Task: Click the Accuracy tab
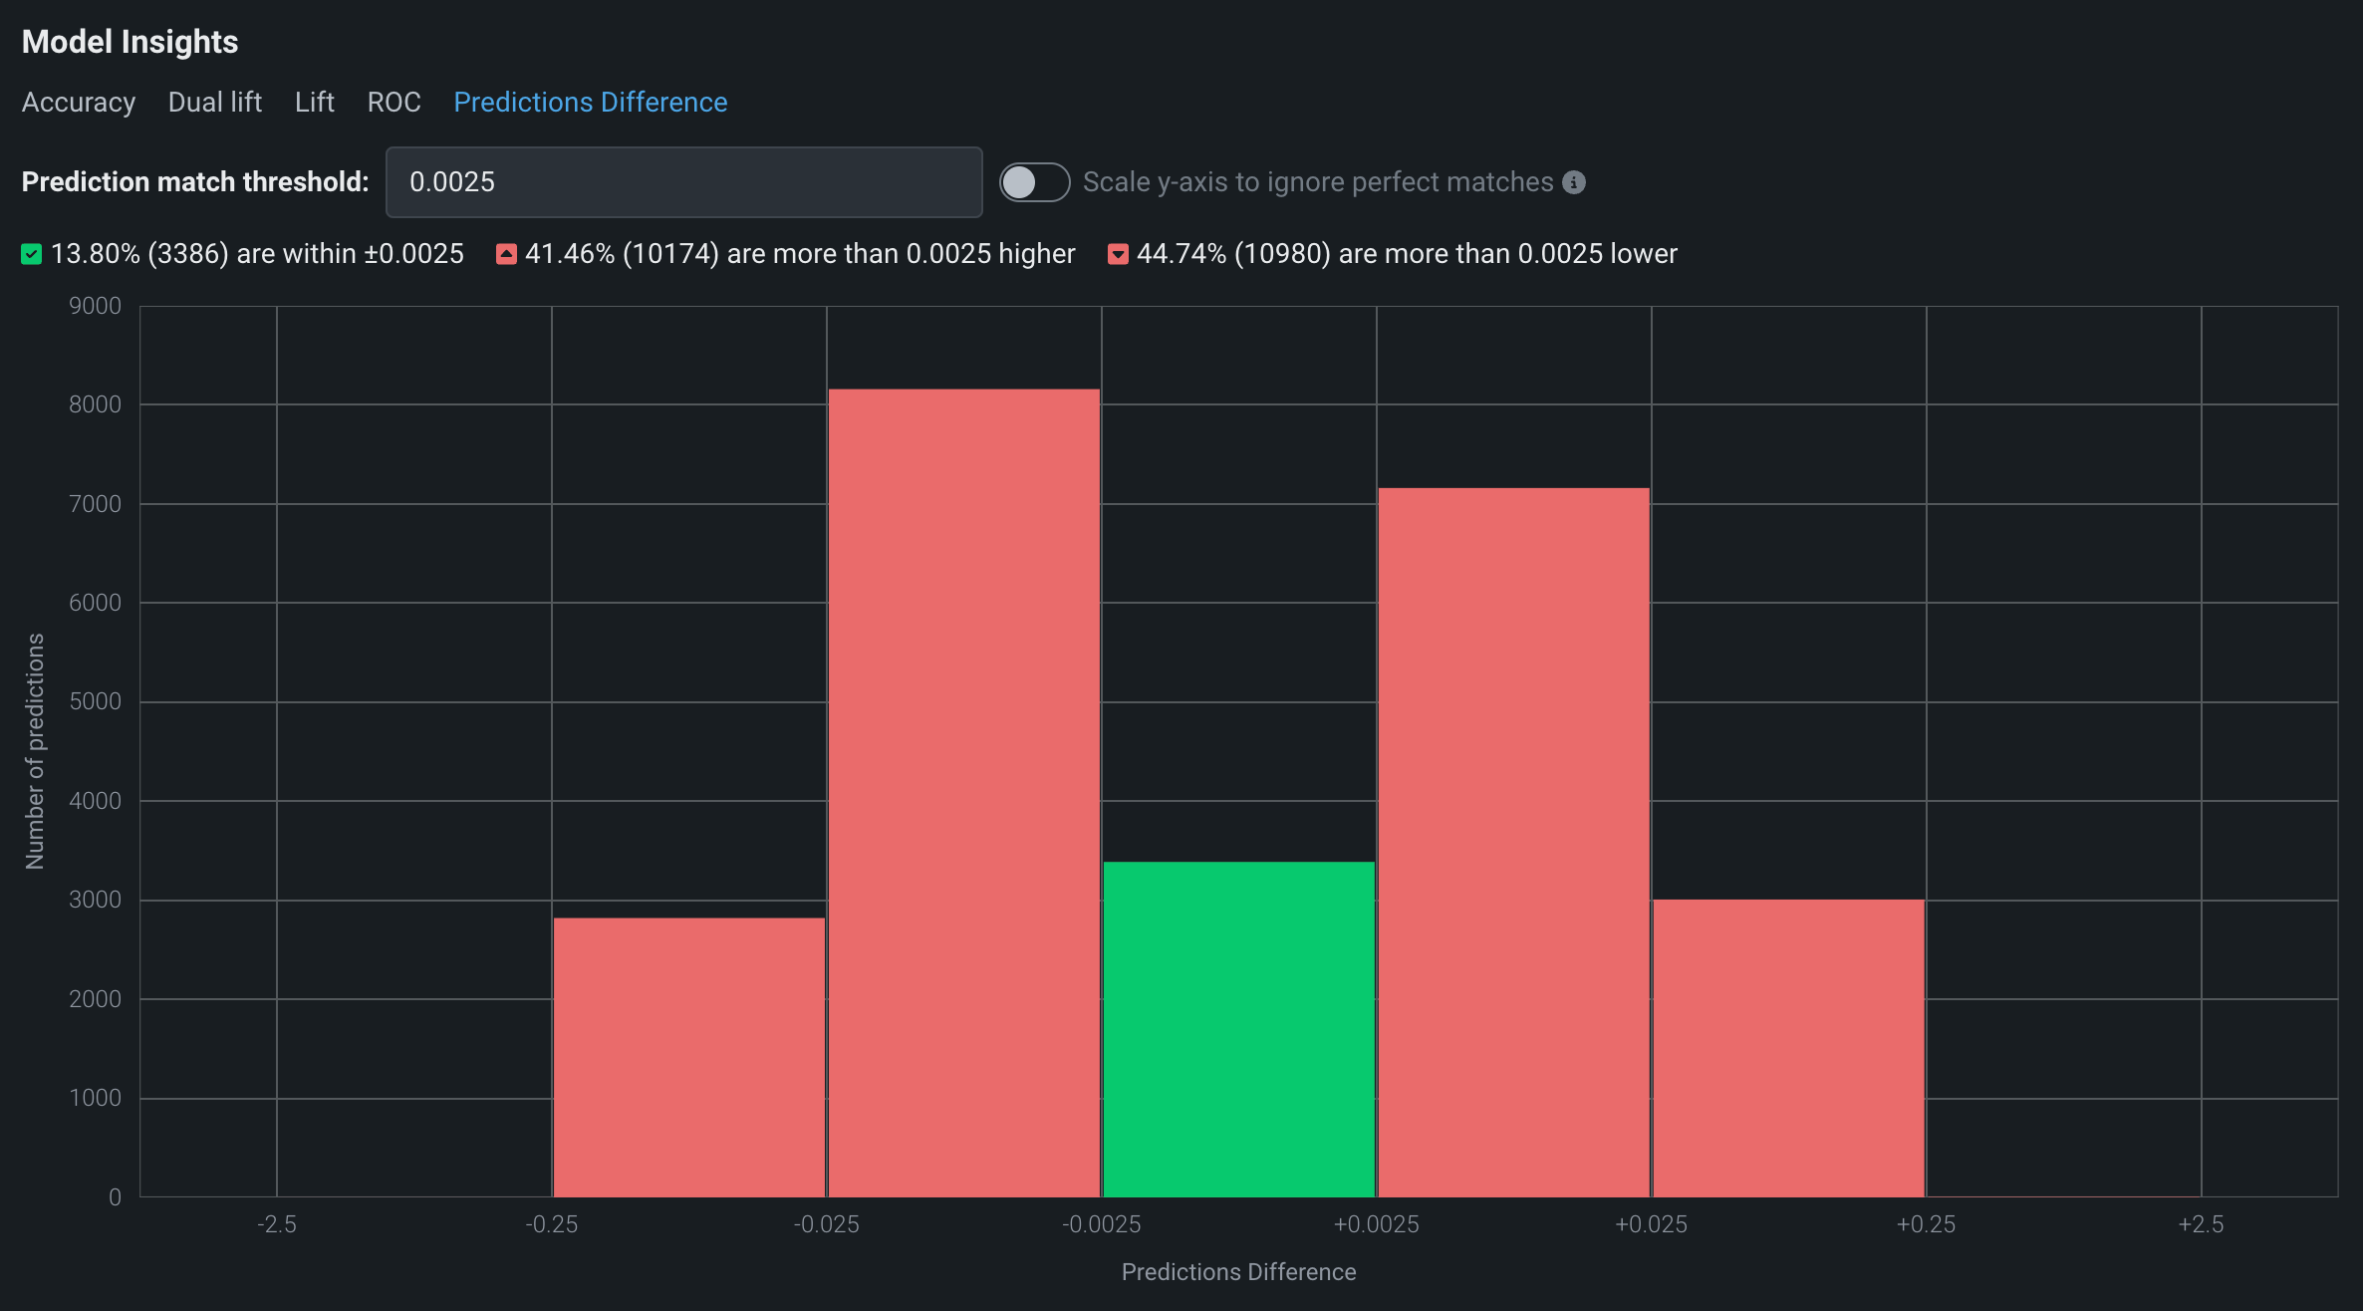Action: pyautogui.click(x=79, y=103)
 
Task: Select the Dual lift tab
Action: pyautogui.click(x=214, y=103)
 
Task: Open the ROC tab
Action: pyautogui.click(x=394, y=103)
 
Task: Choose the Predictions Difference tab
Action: pyautogui.click(x=590, y=103)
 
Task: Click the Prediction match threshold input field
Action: pyautogui.click(x=683, y=182)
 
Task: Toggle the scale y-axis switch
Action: pyautogui.click(x=1034, y=182)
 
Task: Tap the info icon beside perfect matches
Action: pyautogui.click(x=1574, y=182)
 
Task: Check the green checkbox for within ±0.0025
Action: pyautogui.click(x=32, y=254)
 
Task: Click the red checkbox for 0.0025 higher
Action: pyautogui.click(x=506, y=254)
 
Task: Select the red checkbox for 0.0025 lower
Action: pyautogui.click(x=1118, y=254)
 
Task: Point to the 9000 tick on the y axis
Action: pyautogui.click(x=95, y=306)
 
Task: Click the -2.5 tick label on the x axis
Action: pyautogui.click(x=276, y=1224)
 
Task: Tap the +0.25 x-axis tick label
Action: pyautogui.click(x=1925, y=1224)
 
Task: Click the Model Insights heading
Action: pyautogui.click(x=130, y=42)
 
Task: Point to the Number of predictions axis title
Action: pyautogui.click(x=35, y=751)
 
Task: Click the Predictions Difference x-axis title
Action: pyautogui.click(x=1238, y=1272)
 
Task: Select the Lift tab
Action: pyautogui.click(x=314, y=103)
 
